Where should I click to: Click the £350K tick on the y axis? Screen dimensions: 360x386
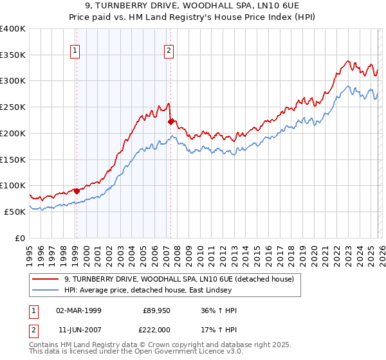click(13, 55)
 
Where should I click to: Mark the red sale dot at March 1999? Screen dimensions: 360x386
click(77, 191)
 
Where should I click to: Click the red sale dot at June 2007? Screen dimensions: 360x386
click(170, 122)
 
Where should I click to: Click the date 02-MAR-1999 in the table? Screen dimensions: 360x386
click(77, 310)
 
